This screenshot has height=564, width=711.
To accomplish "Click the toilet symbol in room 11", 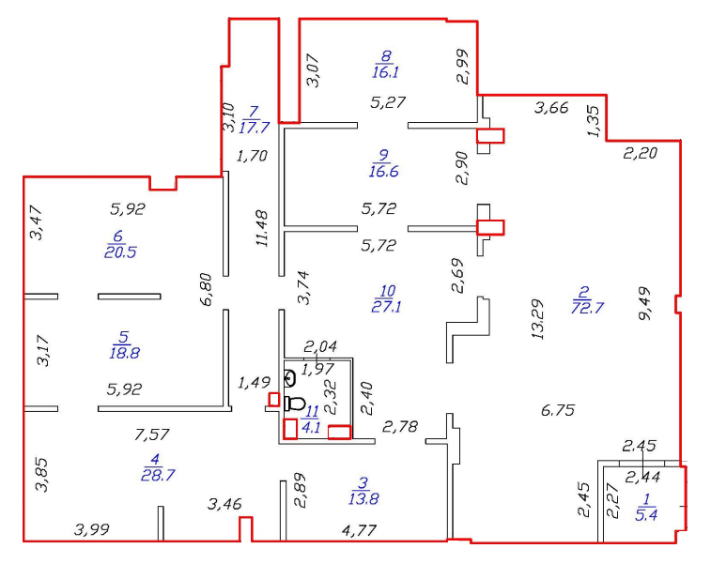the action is [294, 404].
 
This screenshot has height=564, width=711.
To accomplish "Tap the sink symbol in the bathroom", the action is [289, 378].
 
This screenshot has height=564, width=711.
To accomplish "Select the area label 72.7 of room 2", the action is [588, 308].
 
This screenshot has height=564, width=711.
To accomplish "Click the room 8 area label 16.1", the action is [385, 71].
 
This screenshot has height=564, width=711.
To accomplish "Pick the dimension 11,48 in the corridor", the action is [262, 228].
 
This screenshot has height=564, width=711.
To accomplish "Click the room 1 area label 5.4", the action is [646, 514].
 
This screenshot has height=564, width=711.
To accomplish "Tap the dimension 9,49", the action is [644, 303].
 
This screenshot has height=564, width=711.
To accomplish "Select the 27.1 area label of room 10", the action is [386, 307].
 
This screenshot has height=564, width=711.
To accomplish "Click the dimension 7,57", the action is [152, 434].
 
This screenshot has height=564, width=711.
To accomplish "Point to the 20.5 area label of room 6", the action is [120, 252].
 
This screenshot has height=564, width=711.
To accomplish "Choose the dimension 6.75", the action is [558, 410].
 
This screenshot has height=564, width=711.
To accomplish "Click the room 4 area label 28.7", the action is [158, 475].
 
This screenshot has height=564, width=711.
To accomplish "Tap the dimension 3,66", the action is [551, 108].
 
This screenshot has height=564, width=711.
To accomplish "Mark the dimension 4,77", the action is [359, 529].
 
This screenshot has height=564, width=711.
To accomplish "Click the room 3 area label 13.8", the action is [363, 498].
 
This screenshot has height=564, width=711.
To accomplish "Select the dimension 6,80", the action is [206, 289].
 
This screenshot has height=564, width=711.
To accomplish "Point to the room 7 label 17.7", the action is [254, 128].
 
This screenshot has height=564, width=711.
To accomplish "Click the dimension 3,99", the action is [92, 529].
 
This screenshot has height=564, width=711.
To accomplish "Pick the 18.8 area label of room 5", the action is [124, 353].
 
